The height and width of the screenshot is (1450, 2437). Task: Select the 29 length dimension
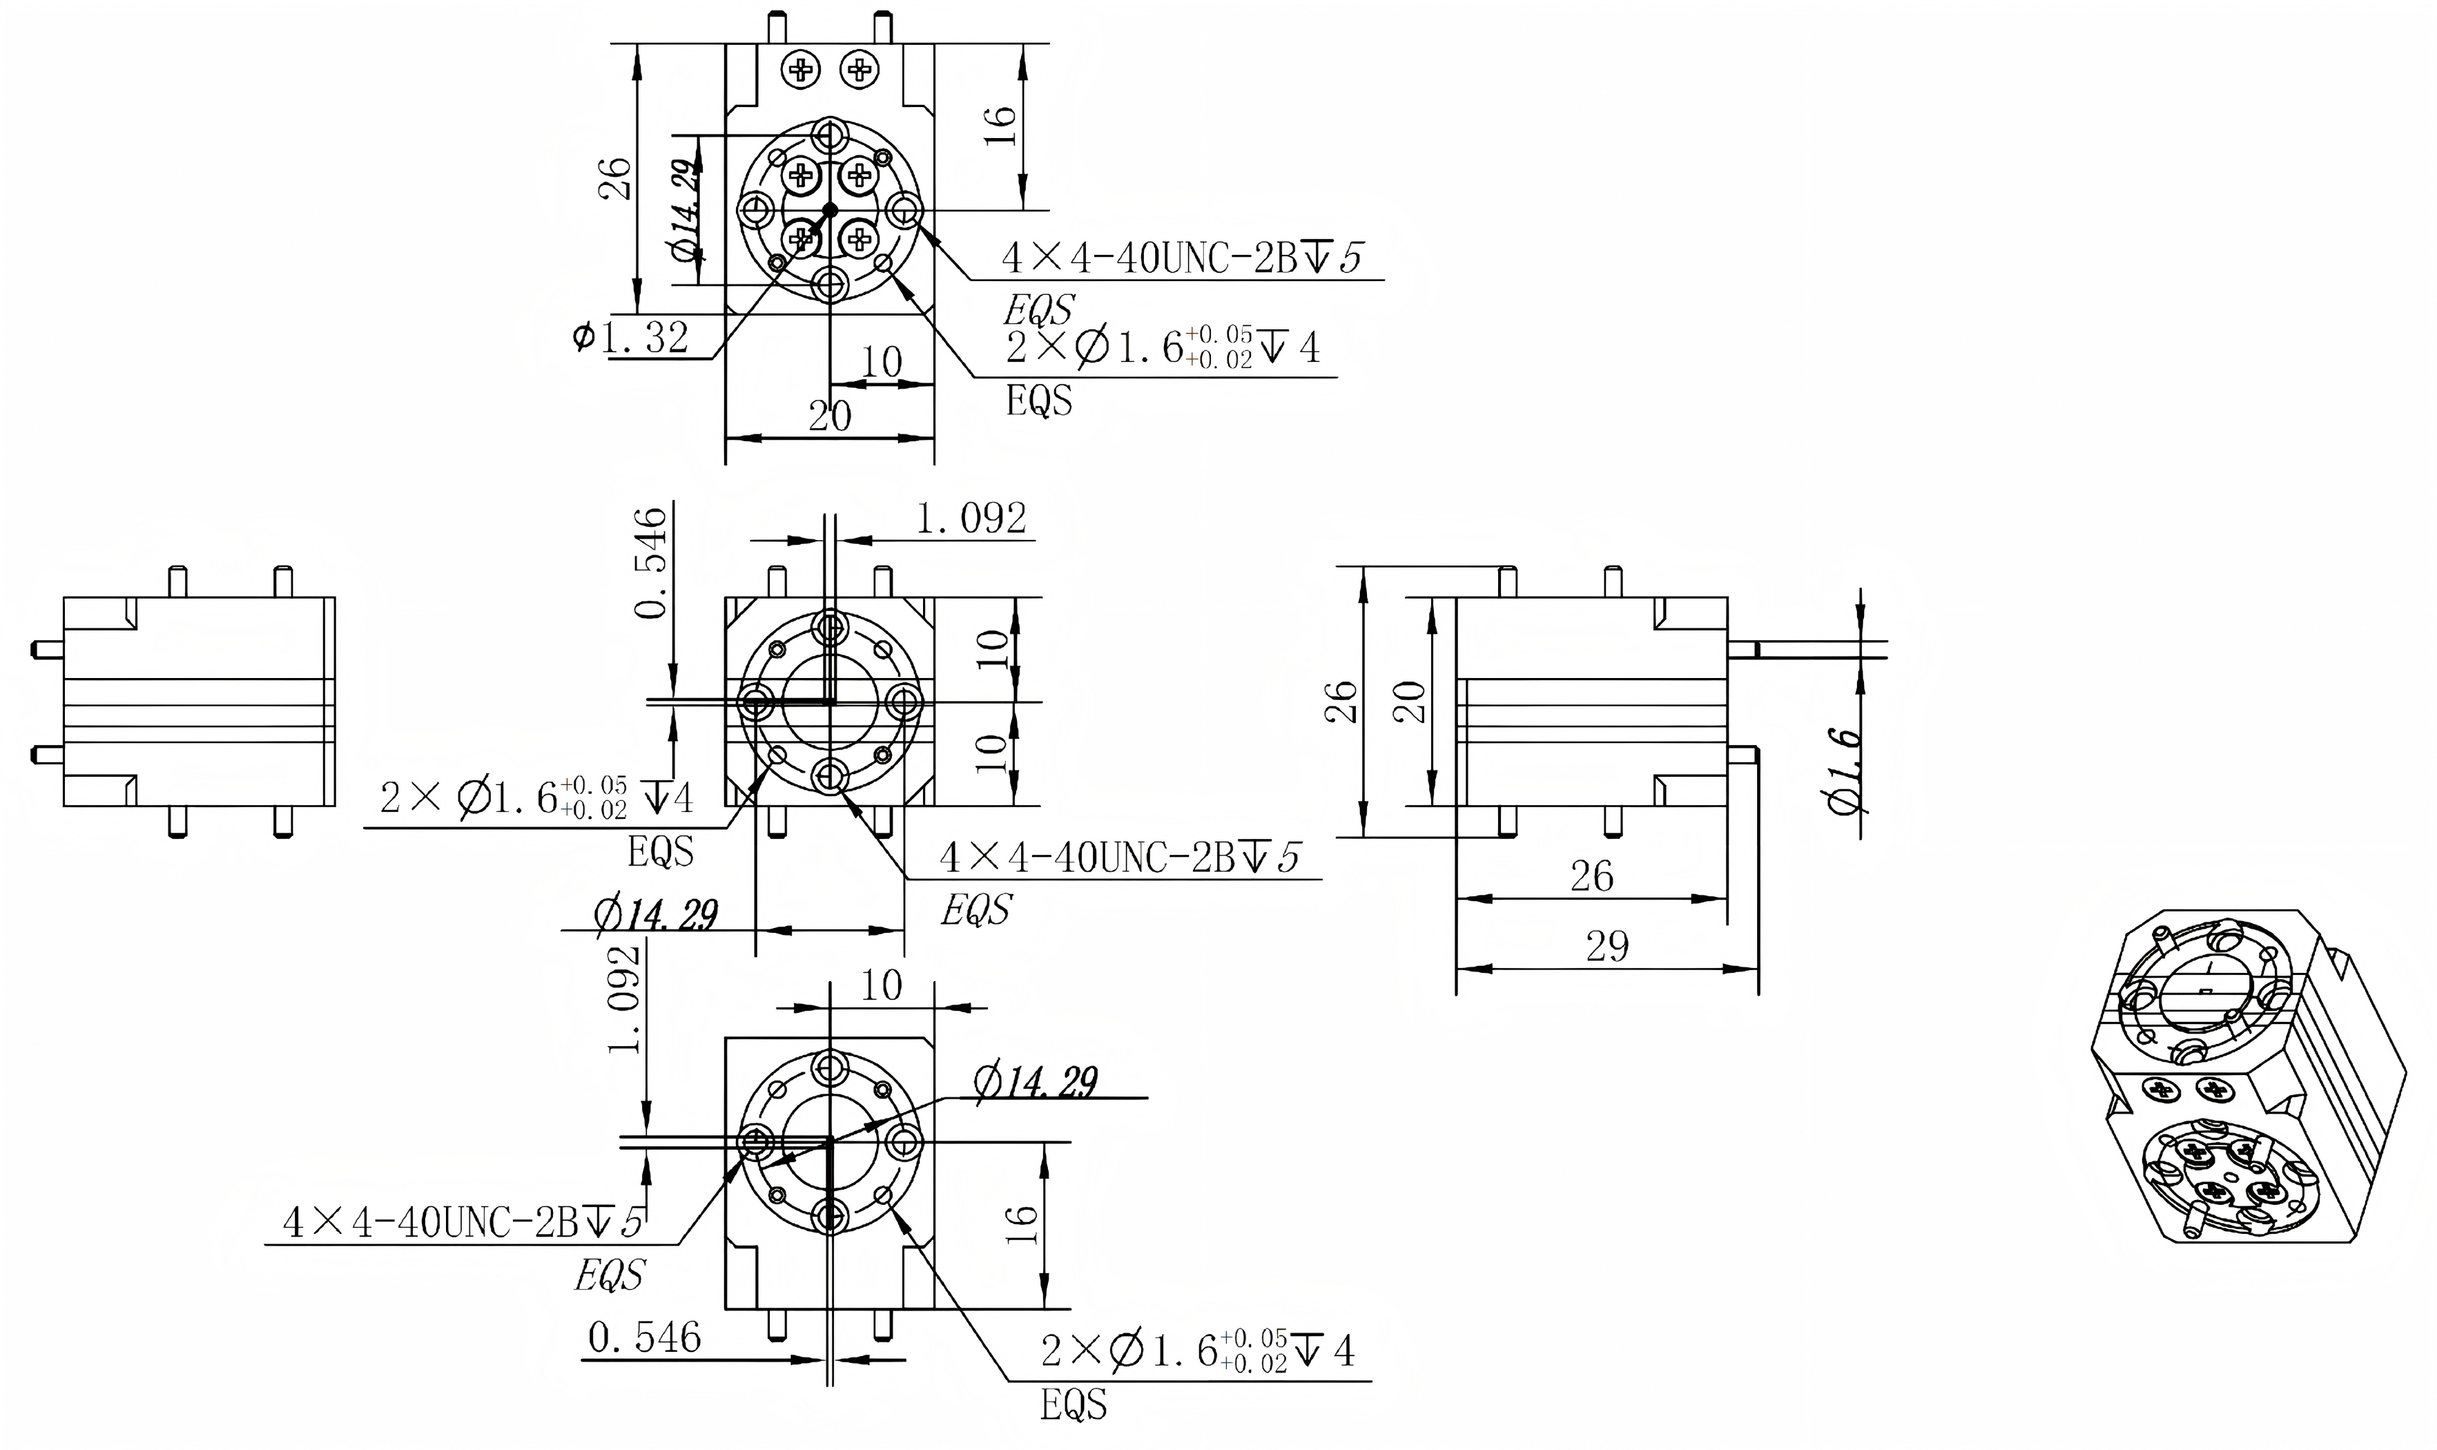[x=1606, y=946]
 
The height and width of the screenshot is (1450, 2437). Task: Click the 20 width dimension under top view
[x=829, y=416]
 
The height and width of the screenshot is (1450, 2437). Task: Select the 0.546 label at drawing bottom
[x=645, y=1337]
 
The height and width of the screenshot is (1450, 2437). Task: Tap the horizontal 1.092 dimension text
[x=970, y=518]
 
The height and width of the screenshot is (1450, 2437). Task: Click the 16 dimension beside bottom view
[x=1019, y=1224]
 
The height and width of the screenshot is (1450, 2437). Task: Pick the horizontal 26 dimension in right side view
[x=1591, y=876]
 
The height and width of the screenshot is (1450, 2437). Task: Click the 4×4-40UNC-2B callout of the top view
[x=1180, y=259]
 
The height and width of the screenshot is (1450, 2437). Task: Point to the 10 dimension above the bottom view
[x=880, y=985]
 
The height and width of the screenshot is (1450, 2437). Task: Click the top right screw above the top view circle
[x=860, y=69]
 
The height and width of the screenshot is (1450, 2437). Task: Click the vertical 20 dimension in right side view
[x=1410, y=701]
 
